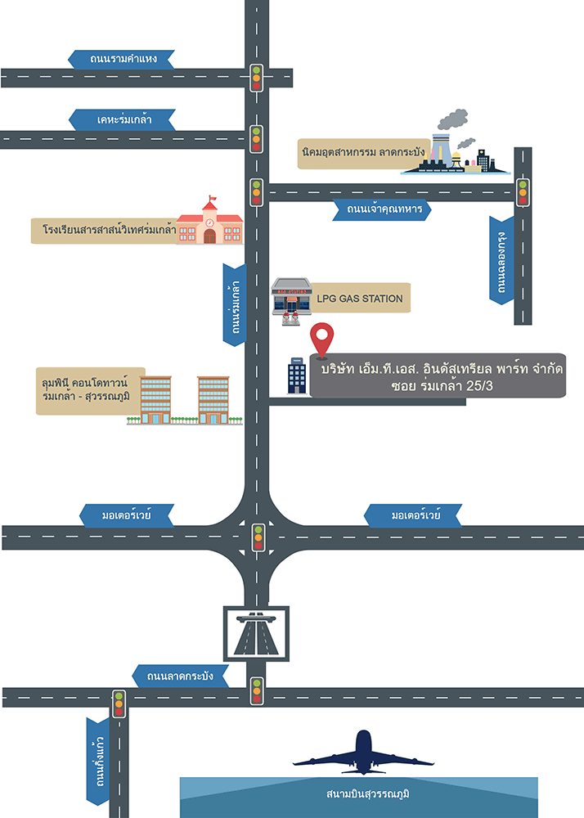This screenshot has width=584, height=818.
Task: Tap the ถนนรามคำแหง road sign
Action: (x=124, y=59)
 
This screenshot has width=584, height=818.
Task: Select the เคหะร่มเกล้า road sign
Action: (x=124, y=119)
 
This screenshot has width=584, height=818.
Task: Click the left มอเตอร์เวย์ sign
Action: (x=126, y=516)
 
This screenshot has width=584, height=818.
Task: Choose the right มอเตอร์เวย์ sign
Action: (x=407, y=516)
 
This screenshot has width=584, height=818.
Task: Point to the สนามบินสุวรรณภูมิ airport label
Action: (x=358, y=795)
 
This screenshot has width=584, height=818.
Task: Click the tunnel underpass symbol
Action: (x=256, y=632)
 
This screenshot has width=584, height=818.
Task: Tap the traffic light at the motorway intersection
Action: (x=258, y=537)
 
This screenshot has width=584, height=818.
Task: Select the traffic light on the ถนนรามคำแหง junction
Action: (x=256, y=77)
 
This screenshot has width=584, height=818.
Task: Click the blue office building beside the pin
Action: (x=296, y=375)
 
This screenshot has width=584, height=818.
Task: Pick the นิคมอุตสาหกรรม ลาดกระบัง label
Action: (x=362, y=153)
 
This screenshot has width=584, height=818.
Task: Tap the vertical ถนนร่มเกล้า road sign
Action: (x=235, y=304)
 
